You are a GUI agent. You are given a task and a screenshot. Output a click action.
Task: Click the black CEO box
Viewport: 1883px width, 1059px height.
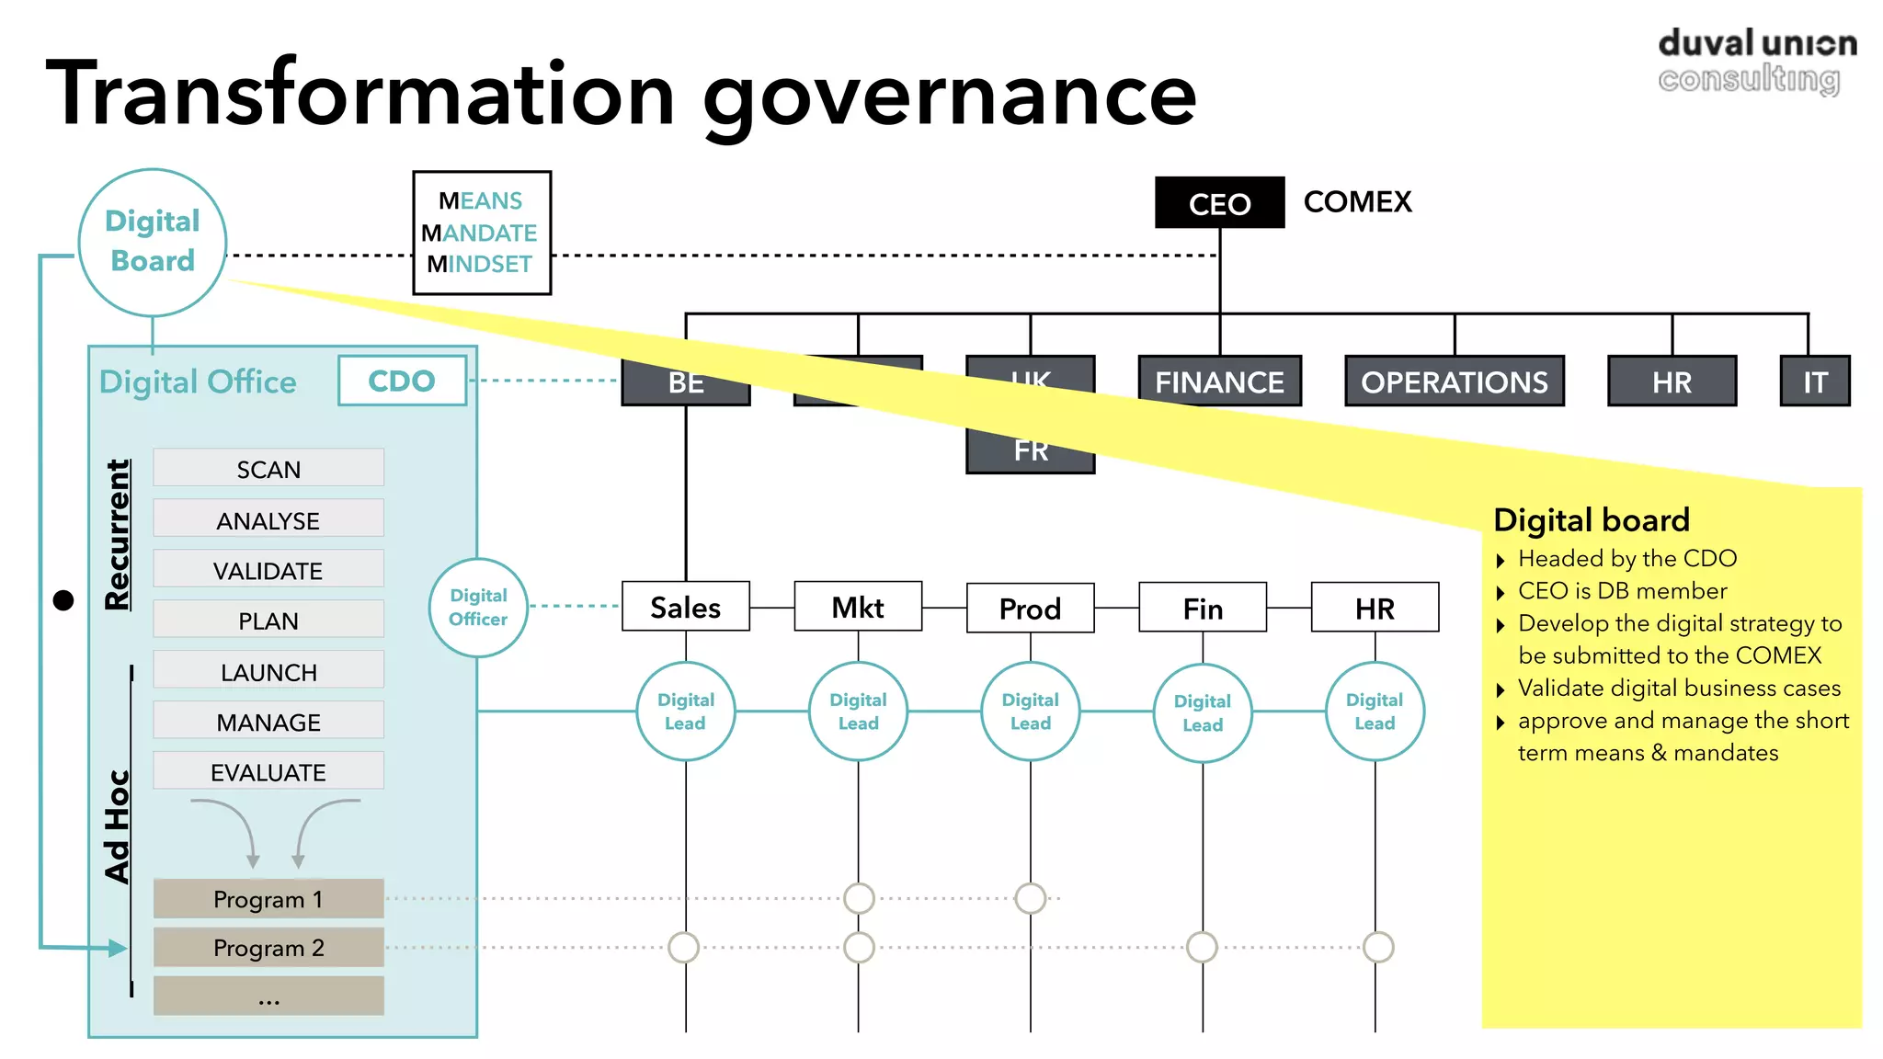coord(1219,203)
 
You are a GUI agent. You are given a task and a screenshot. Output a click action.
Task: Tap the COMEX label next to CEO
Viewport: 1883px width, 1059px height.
coord(1357,202)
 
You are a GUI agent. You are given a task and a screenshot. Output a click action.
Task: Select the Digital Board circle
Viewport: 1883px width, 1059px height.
coord(153,242)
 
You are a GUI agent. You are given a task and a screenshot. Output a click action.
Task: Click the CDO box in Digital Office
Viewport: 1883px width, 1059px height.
coord(402,381)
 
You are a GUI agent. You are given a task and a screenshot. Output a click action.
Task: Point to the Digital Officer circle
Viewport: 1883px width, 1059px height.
coord(478,608)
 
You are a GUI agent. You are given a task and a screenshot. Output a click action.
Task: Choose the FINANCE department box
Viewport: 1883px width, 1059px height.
coord(1219,381)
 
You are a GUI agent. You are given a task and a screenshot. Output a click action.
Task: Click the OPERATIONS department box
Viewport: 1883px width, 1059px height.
coord(1454,381)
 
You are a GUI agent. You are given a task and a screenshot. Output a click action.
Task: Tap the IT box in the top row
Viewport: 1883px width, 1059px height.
coord(1814,381)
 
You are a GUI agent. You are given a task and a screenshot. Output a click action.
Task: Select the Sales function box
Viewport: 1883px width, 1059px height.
coord(685,607)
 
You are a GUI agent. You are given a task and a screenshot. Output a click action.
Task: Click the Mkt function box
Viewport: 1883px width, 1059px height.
coord(858,607)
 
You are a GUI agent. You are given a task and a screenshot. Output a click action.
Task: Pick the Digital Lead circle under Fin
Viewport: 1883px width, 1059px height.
coord(1202,712)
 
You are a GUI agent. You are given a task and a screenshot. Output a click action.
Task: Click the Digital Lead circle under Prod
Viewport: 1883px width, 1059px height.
coord(1030,712)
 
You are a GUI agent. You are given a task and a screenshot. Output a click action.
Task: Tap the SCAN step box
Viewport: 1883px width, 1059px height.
coord(268,469)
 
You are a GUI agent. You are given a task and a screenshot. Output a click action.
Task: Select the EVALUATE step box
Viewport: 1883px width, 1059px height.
coord(268,771)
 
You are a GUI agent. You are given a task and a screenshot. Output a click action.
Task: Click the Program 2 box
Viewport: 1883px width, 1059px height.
coord(268,948)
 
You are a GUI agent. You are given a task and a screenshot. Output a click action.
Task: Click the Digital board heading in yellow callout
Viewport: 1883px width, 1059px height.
coord(1591,520)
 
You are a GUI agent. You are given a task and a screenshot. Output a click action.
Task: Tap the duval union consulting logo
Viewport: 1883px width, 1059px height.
coord(1756,61)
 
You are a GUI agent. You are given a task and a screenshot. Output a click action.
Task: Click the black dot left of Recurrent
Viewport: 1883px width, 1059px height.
coord(63,600)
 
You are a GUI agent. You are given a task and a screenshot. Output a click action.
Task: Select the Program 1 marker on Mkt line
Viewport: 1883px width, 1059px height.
coord(859,898)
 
